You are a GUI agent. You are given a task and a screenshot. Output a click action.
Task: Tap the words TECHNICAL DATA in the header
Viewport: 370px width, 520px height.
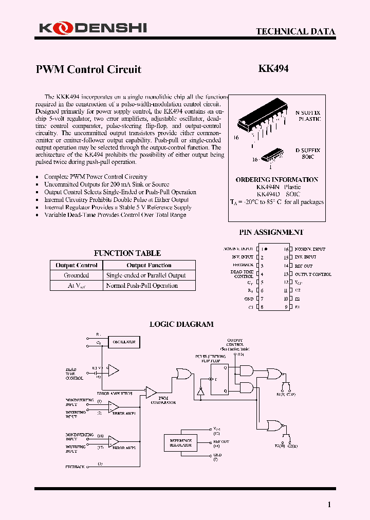coord(295,31)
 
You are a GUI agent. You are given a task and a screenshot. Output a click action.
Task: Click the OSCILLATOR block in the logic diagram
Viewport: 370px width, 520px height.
coord(124,341)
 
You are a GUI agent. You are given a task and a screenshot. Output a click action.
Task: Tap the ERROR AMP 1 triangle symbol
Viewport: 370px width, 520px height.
coord(114,406)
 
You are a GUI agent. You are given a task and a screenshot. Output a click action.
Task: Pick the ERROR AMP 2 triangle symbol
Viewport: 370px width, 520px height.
coord(114,441)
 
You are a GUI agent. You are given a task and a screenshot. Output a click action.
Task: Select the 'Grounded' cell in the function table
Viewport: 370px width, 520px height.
coord(76,275)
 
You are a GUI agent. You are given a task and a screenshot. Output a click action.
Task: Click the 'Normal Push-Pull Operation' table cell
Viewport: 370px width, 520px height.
coord(142,286)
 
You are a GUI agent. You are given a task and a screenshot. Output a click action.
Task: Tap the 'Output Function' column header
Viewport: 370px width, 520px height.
coord(149,265)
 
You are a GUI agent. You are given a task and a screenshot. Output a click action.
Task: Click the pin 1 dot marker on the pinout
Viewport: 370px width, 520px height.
coord(266,249)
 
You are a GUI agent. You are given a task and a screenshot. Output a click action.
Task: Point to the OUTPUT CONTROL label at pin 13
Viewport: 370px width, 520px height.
coord(313,274)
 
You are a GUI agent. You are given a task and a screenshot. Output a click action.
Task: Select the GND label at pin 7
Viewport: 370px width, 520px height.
coord(249,299)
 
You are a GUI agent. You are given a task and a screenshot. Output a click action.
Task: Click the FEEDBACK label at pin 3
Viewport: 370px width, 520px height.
coord(243,265)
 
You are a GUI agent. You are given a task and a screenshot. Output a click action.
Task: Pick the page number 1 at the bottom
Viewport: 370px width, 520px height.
coord(329,505)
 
